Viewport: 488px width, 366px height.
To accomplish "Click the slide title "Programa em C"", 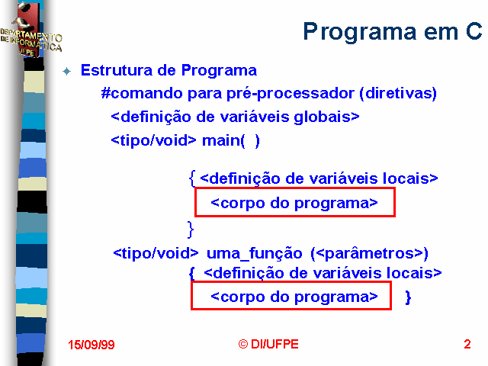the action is [x=393, y=32].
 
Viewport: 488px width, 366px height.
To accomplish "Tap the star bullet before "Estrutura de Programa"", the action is [x=66, y=71].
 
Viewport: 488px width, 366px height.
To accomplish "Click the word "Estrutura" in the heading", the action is [x=117, y=70].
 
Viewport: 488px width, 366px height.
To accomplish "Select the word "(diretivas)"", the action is [x=398, y=93].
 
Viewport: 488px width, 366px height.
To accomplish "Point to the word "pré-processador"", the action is [x=291, y=94].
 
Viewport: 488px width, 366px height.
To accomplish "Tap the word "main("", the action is [x=223, y=140].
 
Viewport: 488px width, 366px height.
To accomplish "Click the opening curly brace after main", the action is [x=192, y=178].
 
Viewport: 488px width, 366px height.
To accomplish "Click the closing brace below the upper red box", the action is [x=191, y=230].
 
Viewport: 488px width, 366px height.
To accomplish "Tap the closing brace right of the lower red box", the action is [x=408, y=297].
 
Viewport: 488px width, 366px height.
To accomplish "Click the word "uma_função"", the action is [x=254, y=253].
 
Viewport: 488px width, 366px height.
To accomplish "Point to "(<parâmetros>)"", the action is [x=369, y=254].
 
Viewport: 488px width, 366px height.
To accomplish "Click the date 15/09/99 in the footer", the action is [x=91, y=345].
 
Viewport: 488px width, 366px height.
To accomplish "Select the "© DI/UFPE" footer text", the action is [x=268, y=344].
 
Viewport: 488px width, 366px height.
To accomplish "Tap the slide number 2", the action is [x=467, y=344].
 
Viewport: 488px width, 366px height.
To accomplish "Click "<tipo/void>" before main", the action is [x=154, y=140].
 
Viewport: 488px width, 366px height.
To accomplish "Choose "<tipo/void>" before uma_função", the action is [x=156, y=253].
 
